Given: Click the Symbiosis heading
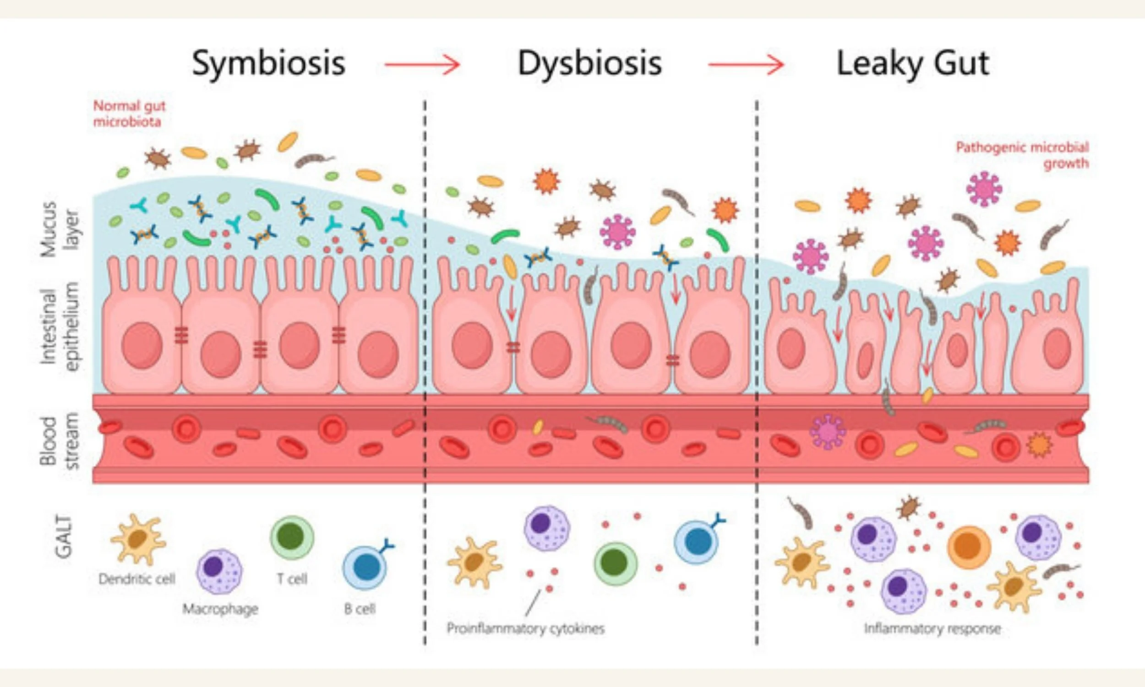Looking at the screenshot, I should point(268,64).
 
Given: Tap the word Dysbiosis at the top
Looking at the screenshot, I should point(589,64).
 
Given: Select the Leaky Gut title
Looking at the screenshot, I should point(913,64).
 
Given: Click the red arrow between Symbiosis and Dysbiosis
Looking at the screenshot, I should point(422,65).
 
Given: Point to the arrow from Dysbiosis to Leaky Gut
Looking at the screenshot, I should point(746,65).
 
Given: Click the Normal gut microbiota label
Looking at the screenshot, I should point(129,114).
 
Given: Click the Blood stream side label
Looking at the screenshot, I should point(60,443).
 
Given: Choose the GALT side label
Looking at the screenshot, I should point(64,537).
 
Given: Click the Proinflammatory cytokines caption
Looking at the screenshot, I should point(525,629).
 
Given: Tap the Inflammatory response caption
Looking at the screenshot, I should point(932,629).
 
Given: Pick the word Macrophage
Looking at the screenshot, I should point(220,609).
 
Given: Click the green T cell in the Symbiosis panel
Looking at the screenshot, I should point(292,538).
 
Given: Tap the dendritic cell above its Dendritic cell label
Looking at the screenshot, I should point(137,540).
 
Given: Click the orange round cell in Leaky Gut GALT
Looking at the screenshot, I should point(969,548).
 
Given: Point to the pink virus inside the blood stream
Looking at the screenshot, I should point(828,431).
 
